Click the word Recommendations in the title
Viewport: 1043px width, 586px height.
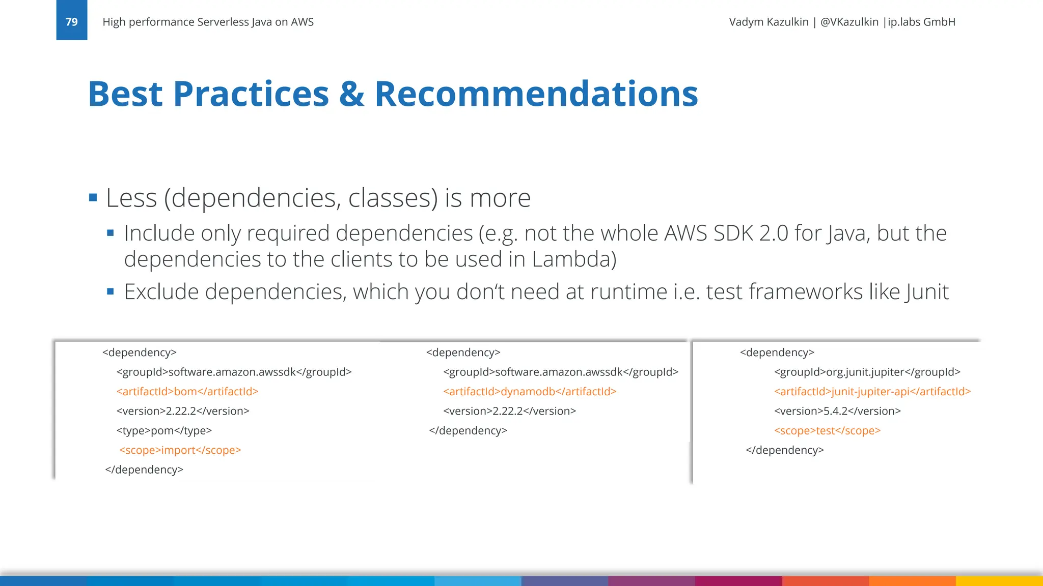click(536, 94)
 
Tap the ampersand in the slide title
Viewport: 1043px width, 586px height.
click(351, 94)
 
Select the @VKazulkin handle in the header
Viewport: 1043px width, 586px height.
click(849, 22)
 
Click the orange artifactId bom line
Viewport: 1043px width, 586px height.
click(187, 392)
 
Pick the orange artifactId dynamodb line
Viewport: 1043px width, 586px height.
click(530, 392)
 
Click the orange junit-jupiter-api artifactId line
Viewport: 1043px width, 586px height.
click(872, 392)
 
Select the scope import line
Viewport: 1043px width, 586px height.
click(180, 450)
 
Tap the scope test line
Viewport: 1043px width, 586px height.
click(827, 431)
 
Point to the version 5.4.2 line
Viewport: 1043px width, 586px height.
click(837, 411)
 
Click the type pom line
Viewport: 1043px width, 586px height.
click(164, 431)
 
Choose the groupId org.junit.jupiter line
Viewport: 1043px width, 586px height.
click(867, 372)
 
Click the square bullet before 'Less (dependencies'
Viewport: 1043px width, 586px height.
click(93, 197)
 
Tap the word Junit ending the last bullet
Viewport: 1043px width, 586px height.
click(927, 292)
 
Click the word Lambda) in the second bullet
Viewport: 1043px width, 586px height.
click(574, 259)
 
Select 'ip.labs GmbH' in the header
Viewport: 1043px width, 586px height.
click(921, 22)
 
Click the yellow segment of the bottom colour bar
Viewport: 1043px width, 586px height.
click(999, 581)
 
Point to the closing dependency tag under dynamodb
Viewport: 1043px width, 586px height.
click(468, 431)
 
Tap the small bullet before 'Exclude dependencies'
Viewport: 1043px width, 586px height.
click(111, 292)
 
